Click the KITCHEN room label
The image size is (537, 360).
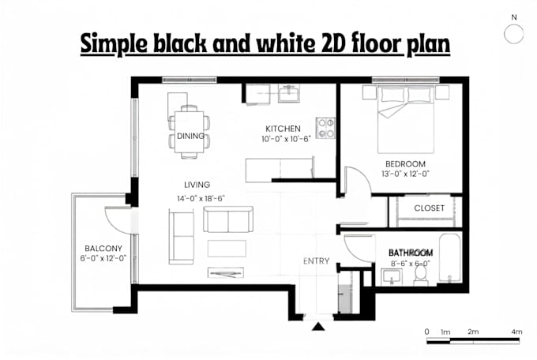coord(283,129)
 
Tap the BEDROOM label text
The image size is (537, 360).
coord(405,164)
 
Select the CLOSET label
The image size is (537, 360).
coord(429,208)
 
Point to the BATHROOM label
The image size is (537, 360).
coord(411,253)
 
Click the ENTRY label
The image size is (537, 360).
coord(316,261)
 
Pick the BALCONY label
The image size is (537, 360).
coord(103,249)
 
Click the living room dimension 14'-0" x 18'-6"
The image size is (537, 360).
coord(201,199)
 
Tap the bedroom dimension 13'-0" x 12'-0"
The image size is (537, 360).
coord(405,174)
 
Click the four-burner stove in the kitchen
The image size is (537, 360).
coord(325,128)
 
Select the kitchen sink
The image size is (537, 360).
coord(289,93)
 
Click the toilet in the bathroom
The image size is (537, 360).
coord(421,276)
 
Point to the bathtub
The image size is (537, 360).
coord(449,258)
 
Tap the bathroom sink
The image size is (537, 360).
coord(392,276)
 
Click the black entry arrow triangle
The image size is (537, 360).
coord(318,327)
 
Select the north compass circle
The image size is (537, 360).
coord(514,34)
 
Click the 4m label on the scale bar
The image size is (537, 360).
coord(516,332)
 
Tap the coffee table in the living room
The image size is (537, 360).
coord(227,249)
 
